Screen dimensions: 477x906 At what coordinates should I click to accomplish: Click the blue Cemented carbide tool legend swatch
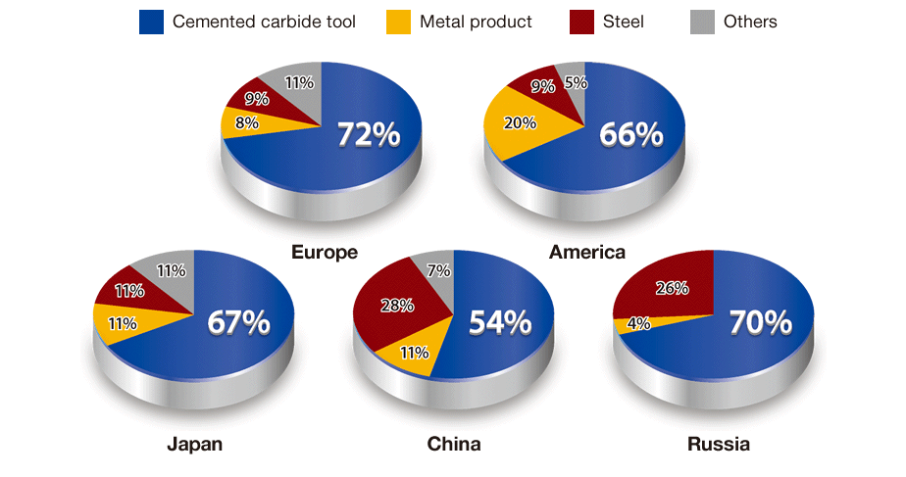150,22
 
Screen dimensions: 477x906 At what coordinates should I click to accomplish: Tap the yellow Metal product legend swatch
399,22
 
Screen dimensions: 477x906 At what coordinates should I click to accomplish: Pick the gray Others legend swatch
704,22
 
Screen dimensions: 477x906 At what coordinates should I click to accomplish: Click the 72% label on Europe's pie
369,135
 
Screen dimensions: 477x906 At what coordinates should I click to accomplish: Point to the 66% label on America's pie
631,135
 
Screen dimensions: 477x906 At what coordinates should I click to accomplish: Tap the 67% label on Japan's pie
238,323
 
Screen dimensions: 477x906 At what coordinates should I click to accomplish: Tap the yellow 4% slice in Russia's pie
633,323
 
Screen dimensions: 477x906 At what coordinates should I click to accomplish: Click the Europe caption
324,253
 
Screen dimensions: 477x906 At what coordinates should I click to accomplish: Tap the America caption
586,253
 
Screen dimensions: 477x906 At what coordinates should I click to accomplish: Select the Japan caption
194,445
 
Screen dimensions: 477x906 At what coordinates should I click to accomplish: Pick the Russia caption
718,445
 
